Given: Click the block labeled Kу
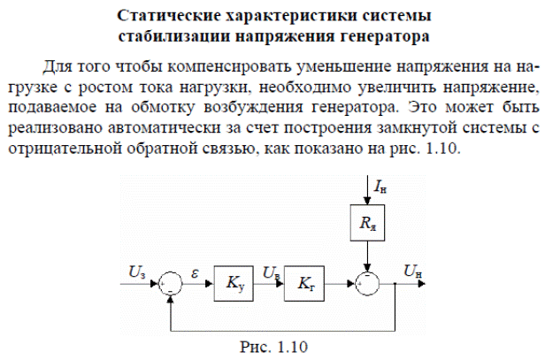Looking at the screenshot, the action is pyautogui.click(x=234, y=286).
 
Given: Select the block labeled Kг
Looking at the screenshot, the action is pyautogui.click(x=304, y=286).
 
